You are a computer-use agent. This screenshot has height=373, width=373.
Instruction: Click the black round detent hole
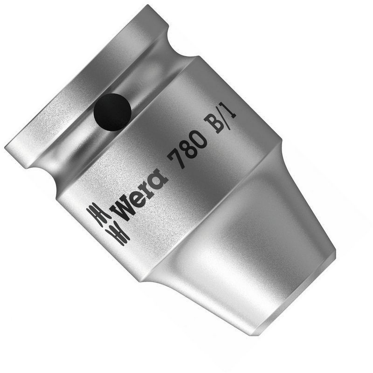pyautogui.click(x=112, y=112)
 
